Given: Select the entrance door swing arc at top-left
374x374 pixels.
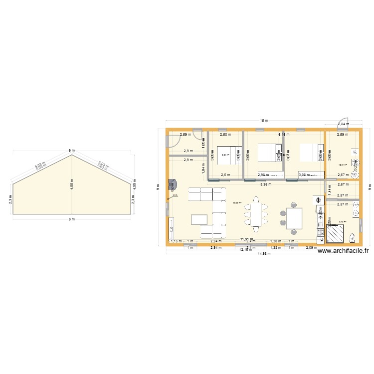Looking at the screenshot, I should click(x=174, y=142).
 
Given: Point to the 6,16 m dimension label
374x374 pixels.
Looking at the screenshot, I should click(x=284, y=134).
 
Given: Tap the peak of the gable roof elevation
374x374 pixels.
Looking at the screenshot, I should click(x=72, y=155).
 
